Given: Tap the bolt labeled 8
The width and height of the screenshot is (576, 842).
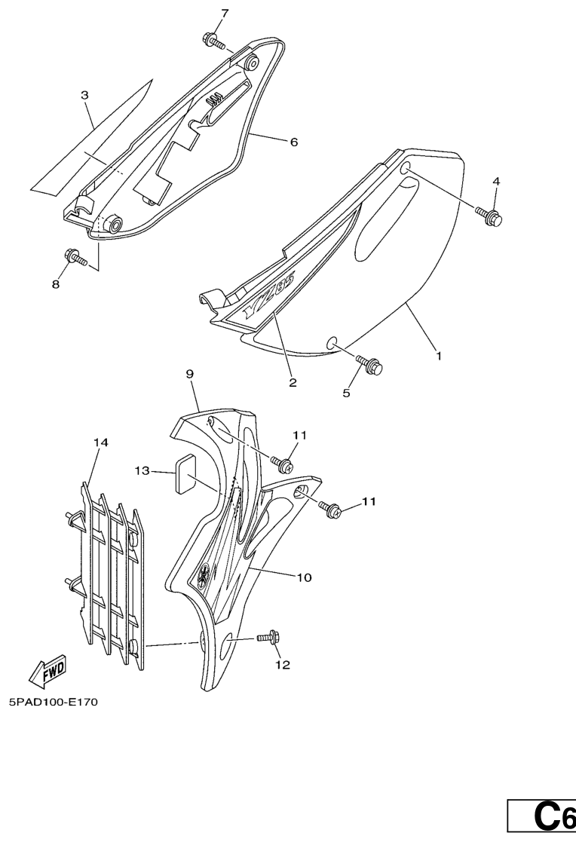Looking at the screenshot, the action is pyautogui.click(x=75, y=257).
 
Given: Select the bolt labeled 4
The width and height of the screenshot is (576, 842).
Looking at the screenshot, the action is pyautogui.click(x=489, y=216).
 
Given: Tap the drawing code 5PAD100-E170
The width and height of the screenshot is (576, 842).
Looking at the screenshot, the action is pyautogui.click(x=54, y=702).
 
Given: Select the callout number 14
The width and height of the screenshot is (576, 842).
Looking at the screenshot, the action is pyautogui.click(x=100, y=442).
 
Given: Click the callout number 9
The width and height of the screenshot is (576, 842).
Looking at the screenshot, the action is pyautogui.click(x=190, y=374).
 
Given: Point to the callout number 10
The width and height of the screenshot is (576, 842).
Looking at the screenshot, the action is pyautogui.click(x=304, y=577).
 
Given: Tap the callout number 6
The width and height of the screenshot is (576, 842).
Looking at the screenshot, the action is pyautogui.click(x=293, y=142).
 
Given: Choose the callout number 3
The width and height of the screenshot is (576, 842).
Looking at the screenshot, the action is pyautogui.click(x=84, y=95).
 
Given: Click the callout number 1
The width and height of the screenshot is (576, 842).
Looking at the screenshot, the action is pyautogui.click(x=439, y=356).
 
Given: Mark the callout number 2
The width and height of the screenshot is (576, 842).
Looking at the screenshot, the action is pyautogui.click(x=293, y=382).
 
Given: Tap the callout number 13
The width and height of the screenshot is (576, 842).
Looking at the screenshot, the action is pyautogui.click(x=142, y=471).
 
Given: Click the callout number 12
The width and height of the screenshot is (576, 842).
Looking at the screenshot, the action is pyautogui.click(x=283, y=666).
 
